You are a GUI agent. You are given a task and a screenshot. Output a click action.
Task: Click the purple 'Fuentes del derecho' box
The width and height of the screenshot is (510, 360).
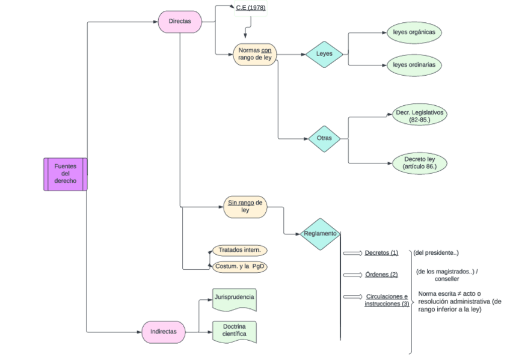coord(66,174)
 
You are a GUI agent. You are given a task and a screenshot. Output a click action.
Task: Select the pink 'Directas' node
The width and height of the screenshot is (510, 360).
coord(179,22)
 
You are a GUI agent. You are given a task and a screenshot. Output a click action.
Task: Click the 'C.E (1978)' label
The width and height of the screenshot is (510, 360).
coord(250,8)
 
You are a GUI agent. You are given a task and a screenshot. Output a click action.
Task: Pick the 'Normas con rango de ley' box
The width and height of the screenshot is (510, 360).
coord(254,54)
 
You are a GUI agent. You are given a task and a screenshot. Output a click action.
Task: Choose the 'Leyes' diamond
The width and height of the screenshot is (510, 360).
coord(324,55)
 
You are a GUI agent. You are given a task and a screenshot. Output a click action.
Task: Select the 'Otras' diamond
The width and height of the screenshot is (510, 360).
coord(324,138)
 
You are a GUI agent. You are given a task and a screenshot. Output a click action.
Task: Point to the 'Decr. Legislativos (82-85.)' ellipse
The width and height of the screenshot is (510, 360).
coord(419,116)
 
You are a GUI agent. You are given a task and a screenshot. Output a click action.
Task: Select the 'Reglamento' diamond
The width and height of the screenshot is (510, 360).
coord(320,234)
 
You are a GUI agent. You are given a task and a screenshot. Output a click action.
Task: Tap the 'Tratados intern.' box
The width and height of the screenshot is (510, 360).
coord(239,250)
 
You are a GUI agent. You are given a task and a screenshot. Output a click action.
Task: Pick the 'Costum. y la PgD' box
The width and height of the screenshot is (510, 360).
coord(239,266)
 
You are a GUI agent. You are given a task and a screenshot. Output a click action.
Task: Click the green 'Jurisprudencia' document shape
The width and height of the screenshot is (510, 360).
coord(235,299)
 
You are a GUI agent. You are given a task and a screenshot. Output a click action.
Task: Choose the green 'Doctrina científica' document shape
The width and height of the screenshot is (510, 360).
coord(235,331)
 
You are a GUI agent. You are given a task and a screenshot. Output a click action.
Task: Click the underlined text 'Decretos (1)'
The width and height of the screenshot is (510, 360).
coord(381,253)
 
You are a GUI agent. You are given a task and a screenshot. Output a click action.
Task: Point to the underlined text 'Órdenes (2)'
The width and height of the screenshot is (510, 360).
coord(381,275)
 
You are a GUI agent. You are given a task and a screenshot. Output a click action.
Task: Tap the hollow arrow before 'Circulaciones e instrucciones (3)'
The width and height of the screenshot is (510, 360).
coord(352,297)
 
